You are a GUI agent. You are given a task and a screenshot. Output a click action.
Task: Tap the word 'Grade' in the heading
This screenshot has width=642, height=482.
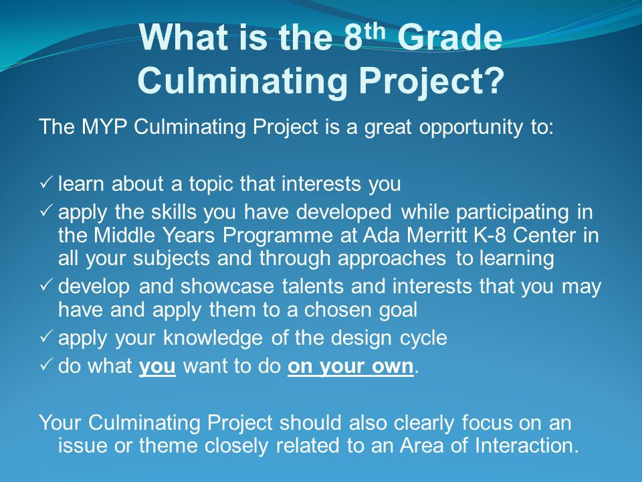pos(449,37)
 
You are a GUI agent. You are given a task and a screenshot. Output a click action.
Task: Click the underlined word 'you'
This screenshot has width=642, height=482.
pos(157,367)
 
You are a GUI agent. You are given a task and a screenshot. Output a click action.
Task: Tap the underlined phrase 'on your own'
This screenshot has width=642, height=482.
pos(350,367)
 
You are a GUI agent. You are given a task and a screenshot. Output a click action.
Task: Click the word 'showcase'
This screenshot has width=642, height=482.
pos(227,286)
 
